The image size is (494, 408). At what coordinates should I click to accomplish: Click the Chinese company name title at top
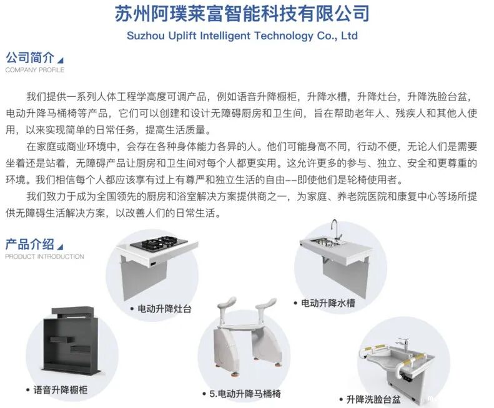[x=242, y=13]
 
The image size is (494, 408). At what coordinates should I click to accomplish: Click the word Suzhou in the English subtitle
[x=146, y=36]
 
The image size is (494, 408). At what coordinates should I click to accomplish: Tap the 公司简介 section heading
[x=30, y=57]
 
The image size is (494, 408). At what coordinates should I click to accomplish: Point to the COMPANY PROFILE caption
[x=34, y=70]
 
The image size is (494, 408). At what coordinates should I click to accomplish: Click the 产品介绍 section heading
[x=30, y=245]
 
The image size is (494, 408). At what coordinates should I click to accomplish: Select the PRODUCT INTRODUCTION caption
[x=44, y=256]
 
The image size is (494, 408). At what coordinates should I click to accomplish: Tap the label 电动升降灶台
[x=164, y=309]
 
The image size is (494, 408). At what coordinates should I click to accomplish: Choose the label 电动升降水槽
[x=328, y=303]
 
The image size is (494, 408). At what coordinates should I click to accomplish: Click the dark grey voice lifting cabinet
[x=74, y=342]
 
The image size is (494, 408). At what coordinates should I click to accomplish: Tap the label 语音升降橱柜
[x=61, y=390]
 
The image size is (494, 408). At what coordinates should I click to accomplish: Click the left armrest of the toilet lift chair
[x=225, y=307]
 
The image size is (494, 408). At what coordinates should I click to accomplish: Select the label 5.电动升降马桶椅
[x=245, y=394]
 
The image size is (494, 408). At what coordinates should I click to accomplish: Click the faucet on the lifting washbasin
[x=402, y=345]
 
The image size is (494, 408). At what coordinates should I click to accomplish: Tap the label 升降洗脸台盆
[x=373, y=399]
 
